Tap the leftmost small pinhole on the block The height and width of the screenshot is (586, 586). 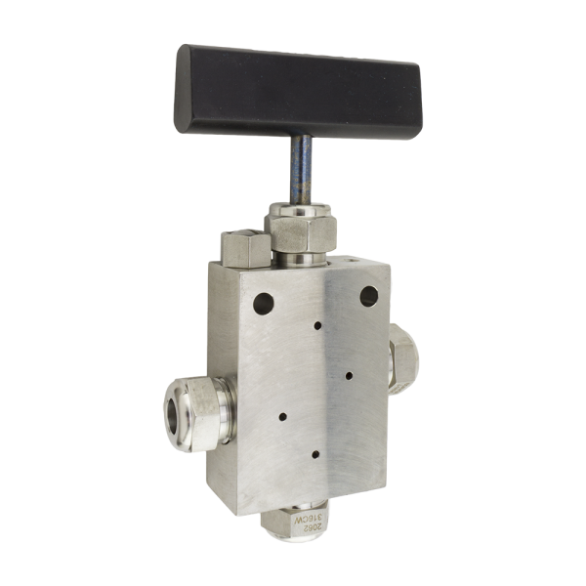(x=282, y=416)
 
